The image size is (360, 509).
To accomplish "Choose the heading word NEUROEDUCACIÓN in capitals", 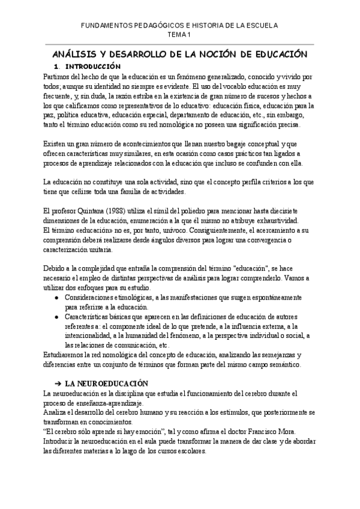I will point(115,382).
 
